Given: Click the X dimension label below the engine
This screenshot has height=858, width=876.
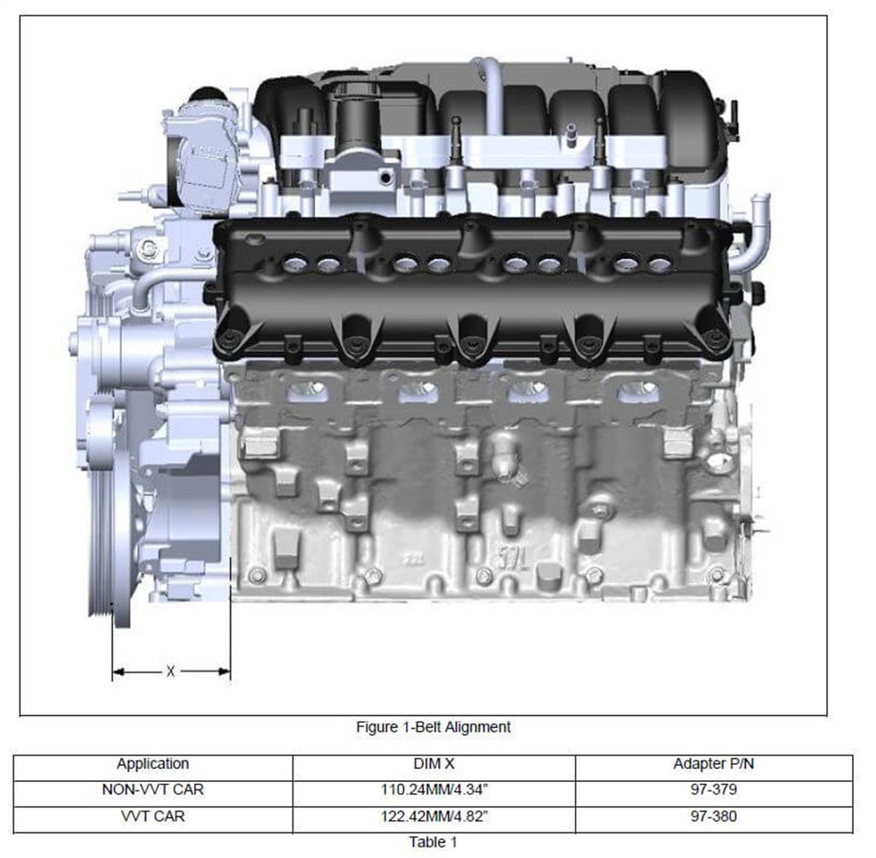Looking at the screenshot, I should pyautogui.click(x=170, y=672).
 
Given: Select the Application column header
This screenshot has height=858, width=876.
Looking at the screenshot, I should pyautogui.click(x=153, y=765).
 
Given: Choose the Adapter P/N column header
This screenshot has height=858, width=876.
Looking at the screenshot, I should pyautogui.click(x=713, y=765).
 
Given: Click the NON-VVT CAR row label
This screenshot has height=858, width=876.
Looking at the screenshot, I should pyautogui.click(x=153, y=790).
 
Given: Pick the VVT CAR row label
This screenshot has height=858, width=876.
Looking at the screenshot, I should pyautogui.click(x=153, y=816).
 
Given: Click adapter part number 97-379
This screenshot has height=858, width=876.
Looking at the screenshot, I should pyautogui.click(x=713, y=790).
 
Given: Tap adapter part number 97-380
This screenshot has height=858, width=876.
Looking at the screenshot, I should pyautogui.click(x=713, y=816).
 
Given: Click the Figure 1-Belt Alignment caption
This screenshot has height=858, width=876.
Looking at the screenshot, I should pyautogui.click(x=433, y=727).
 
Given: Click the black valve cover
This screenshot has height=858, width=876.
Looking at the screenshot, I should pyautogui.click(x=471, y=291).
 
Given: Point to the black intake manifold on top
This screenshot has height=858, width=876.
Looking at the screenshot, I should pyautogui.click(x=496, y=111).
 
